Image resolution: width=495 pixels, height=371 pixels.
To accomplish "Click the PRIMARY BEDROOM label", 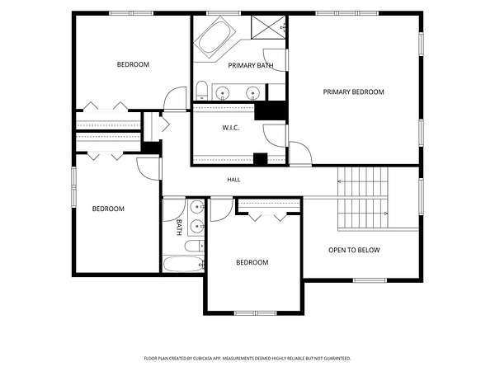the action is pyautogui.click(x=354, y=92).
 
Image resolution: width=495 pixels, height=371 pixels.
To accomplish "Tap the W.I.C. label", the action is pyautogui.click(x=230, y=128).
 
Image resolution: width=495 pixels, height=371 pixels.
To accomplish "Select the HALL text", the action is pyautogui.click(x=233, y=180).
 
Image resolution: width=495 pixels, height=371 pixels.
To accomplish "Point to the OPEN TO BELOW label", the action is pyautogui.click(x=354, y=250).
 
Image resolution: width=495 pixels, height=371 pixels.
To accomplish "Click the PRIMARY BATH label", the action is pyautogui.click(x=251, y=66).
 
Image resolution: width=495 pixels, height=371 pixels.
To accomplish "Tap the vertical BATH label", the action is pyautogui.click(x=179, y=228).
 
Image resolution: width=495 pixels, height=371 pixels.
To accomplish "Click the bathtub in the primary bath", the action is pyautogui.click(x=214, y=38).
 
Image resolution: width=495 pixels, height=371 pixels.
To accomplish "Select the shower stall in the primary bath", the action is pyautogui.click(x=268, y=27).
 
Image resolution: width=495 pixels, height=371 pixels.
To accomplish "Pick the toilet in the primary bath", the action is pyautogui.click(x=201, y=90).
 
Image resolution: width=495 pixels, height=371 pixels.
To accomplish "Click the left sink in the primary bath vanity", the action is pyautogui.click(x=223, y=93).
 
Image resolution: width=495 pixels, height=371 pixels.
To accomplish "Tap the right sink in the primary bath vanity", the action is pyautogui.click(x=252, y=93).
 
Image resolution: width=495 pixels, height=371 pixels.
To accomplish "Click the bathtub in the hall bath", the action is pyautogui.click(x=183, y=264).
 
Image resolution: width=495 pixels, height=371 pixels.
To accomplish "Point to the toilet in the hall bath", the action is pyautogui.click(x=195, y=246).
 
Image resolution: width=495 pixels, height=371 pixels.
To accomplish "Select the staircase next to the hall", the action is pyautogui.click(x=363, y=198).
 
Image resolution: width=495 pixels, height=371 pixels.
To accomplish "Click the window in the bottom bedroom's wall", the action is pyautogui.click(x=256, y=313).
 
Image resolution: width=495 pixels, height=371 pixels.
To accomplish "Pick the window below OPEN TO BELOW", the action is pyautogui.click(x=370, y=280).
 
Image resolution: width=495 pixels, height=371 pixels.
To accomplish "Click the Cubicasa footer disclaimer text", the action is pyautogui.click(x=247, y=359).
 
